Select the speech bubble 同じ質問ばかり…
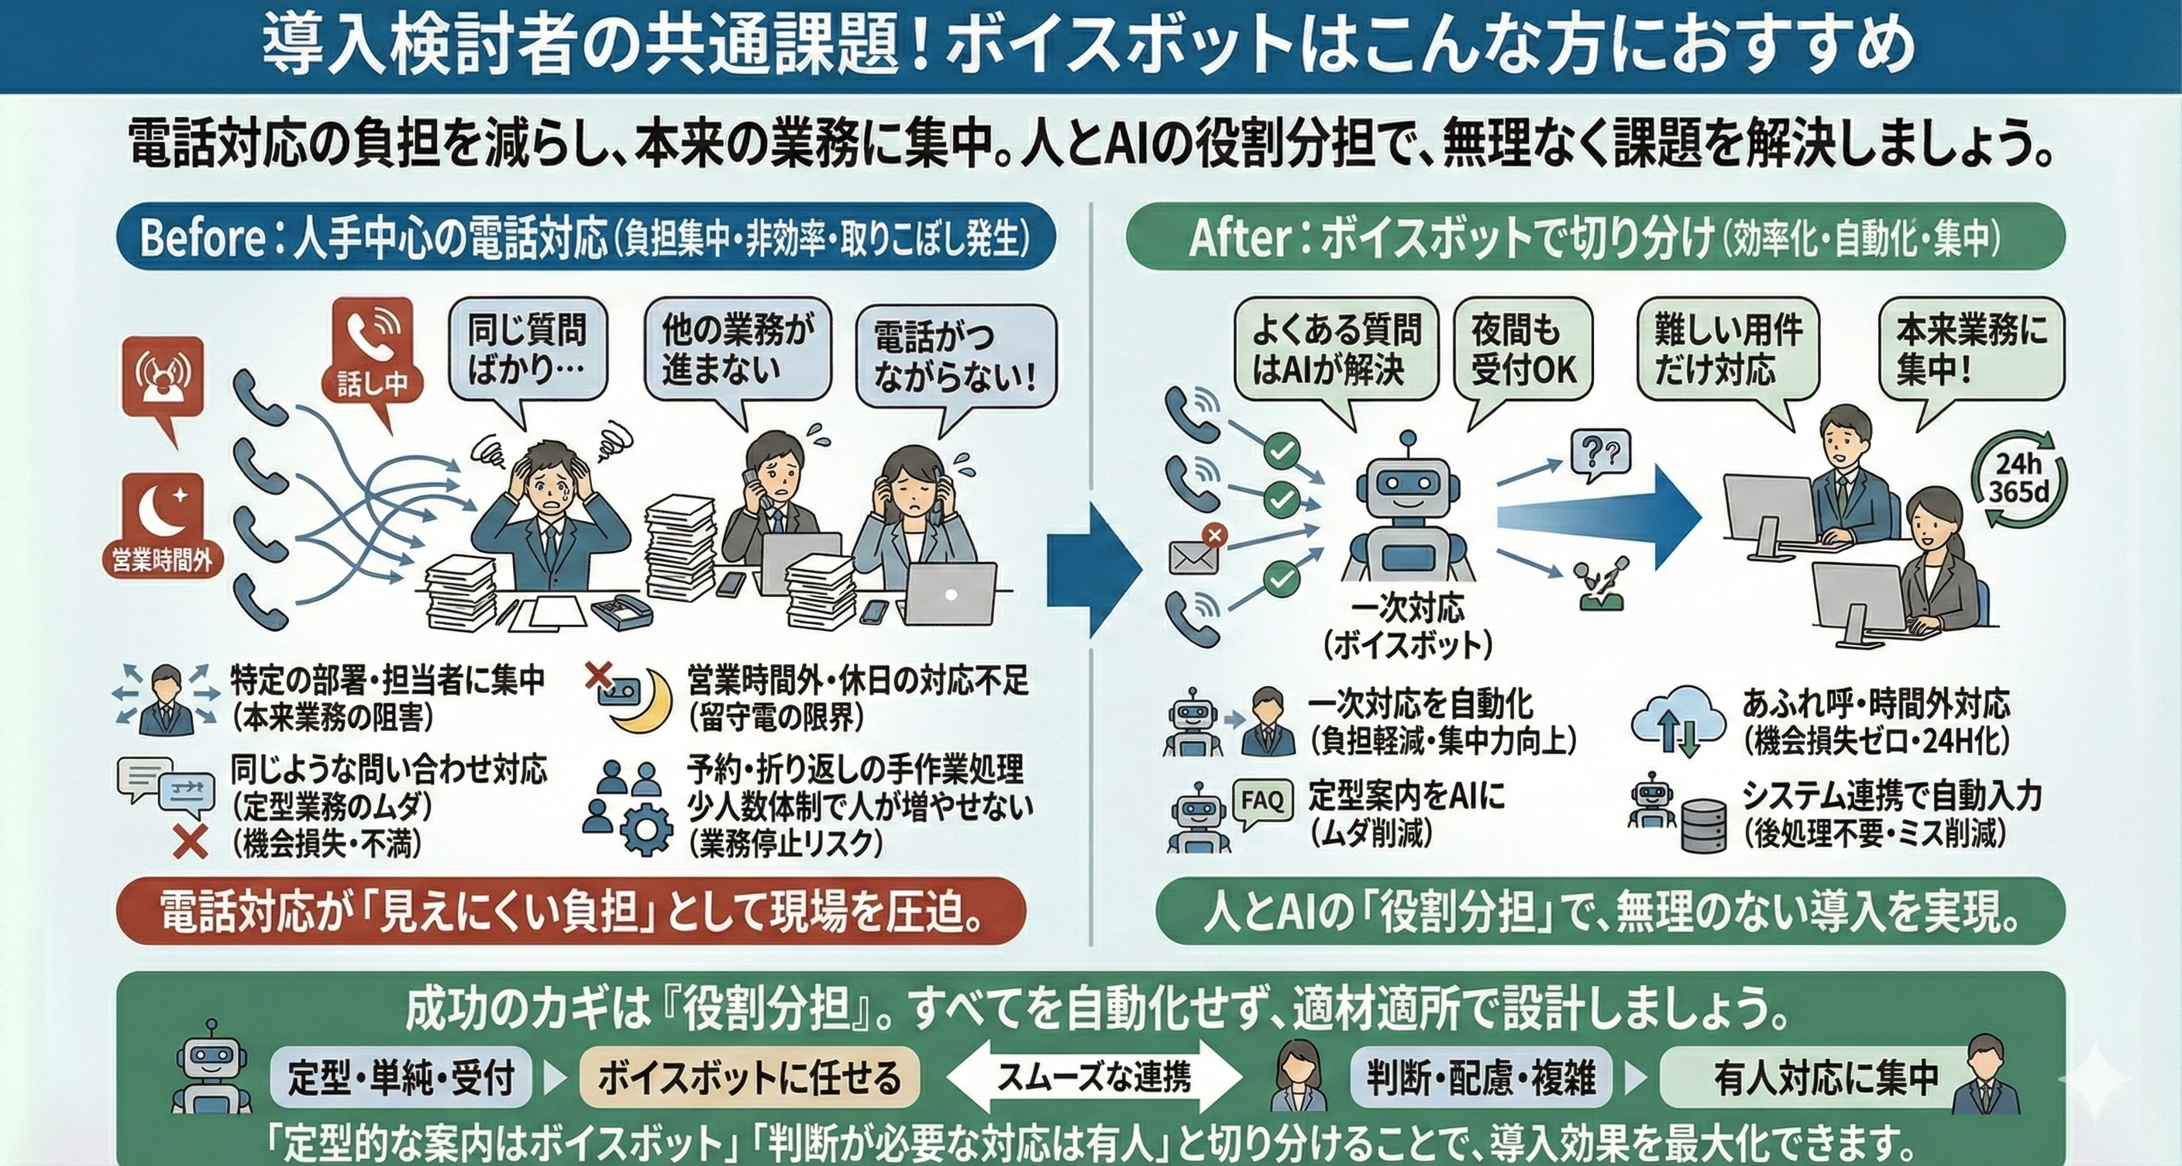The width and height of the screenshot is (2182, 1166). (527, 349)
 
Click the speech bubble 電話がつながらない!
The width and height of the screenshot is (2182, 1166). (955, 356)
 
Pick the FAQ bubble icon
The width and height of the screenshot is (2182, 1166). (1262, 801)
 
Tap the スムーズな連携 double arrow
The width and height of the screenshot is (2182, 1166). (1093, 1077)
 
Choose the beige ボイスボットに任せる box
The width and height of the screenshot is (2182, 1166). (749, 1078)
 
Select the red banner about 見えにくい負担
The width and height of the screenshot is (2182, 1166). (570, 912)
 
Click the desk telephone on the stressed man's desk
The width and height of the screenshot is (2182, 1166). (621, 611)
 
